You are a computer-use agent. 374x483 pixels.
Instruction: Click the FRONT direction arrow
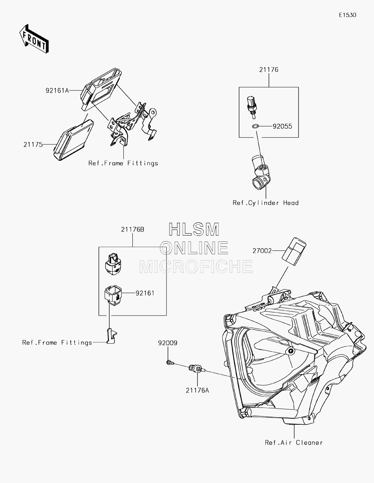point(34,39)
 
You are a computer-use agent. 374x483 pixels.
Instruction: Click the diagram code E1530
point(347,15)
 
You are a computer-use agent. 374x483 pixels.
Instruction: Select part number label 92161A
point(57,90)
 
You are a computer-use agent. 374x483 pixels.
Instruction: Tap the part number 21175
point(33,145)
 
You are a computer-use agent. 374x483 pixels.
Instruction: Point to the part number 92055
point(282,126)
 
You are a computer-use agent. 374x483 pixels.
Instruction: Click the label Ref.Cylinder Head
point(266,203)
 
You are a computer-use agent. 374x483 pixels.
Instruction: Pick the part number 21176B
point(132,230)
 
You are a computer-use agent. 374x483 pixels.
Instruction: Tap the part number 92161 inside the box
point(145,293)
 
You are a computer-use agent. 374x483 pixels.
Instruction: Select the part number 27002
point(262,251)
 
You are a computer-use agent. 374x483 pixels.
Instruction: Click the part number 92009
point(168,343)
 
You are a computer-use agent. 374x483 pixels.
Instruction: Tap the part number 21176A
point(197,390)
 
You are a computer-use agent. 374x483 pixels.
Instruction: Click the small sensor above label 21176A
point(197,369)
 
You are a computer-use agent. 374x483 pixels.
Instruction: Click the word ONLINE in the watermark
point(194,248)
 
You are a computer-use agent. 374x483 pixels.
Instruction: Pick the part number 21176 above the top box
point(269,70)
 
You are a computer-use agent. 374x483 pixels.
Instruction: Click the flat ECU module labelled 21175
point(73,140)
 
